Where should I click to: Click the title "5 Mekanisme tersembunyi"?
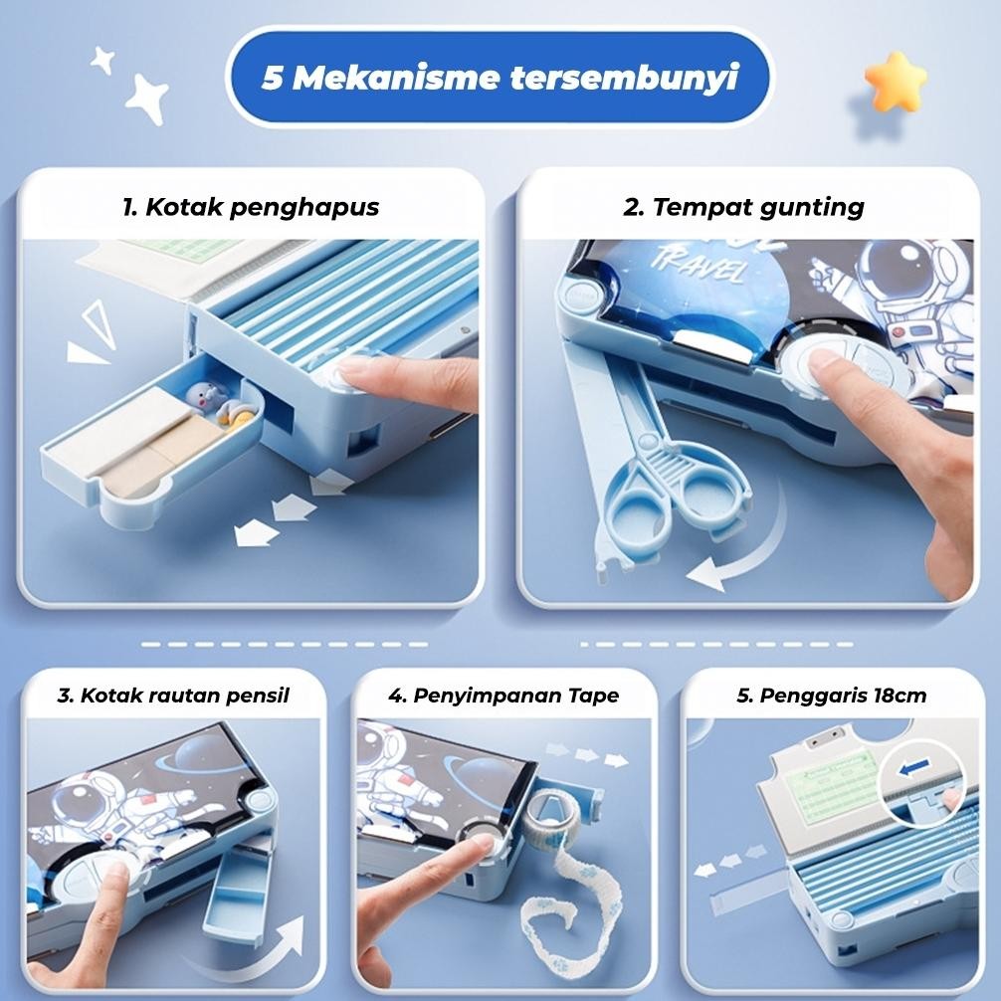500,78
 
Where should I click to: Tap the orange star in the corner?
895,82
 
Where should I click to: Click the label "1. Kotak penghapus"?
251,207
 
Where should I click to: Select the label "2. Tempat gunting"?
743,207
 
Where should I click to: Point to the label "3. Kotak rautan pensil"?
173,695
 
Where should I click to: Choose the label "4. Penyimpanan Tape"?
503,695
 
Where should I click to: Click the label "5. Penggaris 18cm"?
831,695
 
